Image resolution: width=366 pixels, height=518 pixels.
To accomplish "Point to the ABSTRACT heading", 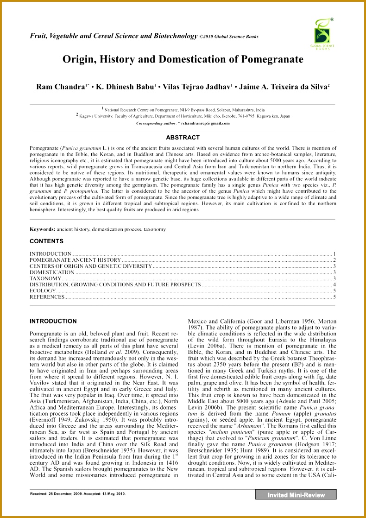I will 183,137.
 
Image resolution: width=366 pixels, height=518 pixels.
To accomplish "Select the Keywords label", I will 42,229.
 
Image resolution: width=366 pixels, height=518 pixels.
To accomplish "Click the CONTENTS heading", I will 46,241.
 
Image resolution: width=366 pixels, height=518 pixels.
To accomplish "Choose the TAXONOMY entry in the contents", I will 45,278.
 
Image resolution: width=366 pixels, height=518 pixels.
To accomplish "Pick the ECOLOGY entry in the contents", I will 43,291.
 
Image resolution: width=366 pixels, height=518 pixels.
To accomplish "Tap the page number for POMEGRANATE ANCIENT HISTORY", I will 334,260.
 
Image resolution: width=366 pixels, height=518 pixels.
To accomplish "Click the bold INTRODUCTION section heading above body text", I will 53,321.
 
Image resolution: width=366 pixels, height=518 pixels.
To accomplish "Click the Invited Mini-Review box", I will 296,495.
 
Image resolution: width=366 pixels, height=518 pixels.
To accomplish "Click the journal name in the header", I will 114,36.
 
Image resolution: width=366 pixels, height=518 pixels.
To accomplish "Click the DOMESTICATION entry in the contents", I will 52,272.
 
